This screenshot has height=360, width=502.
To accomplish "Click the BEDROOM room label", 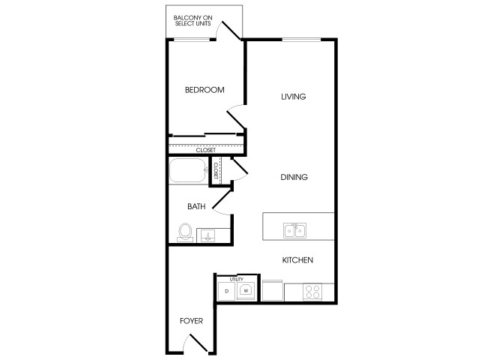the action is point(205,90).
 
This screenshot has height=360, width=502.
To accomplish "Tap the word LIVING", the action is point(293,97).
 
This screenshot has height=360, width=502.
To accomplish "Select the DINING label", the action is point(294,177).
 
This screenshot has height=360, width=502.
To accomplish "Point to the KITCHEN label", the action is point(297,260).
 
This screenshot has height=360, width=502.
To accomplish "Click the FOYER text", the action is point(191,321).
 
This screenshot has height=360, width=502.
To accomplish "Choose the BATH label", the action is point(196,206).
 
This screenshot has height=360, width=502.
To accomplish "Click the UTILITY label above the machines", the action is point(236,280).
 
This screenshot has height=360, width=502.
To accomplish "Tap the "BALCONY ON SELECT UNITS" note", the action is point(193,20).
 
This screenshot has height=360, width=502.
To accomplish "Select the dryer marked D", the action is point(227,292).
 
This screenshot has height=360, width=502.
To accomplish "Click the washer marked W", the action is point(246,291).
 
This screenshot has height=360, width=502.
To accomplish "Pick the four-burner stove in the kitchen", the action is point(312,292).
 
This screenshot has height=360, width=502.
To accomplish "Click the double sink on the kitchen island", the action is point(294,230).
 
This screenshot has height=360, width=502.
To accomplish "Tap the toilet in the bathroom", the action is point(185,232).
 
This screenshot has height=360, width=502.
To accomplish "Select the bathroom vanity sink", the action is point(208,236).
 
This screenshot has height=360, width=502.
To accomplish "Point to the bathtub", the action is point(188,170).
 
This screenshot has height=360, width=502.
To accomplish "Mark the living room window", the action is point(301,40).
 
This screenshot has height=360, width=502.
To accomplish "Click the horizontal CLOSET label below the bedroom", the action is point(206,150).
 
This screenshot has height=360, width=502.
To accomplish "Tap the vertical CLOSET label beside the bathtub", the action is point(216,170).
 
